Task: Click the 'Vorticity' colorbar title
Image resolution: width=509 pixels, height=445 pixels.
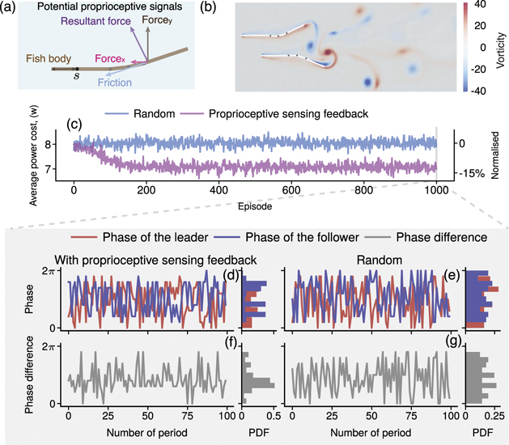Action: (x=501, y=48)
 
